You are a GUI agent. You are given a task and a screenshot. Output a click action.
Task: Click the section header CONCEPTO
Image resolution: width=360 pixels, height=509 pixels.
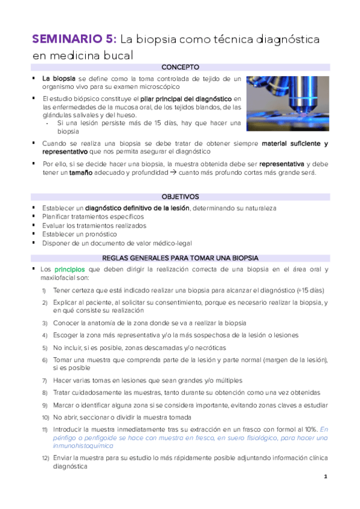180,67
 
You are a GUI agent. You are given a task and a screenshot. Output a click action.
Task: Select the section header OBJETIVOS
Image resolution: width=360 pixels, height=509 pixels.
180,196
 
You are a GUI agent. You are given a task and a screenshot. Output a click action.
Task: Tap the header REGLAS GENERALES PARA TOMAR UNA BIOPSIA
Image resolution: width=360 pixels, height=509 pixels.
180,258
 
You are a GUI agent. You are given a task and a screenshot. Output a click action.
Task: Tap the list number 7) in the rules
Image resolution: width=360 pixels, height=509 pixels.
45,381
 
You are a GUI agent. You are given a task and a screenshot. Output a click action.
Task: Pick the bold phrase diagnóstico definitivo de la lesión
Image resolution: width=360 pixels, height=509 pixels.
137,208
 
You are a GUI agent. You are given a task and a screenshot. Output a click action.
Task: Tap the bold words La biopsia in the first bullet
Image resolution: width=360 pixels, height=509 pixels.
59,79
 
